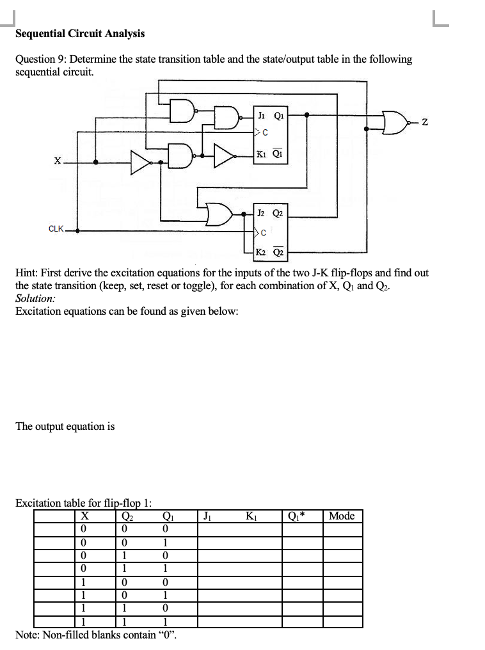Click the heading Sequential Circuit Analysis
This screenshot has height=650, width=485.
80,33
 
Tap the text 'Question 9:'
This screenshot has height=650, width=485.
41,59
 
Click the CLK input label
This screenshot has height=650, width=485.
56,228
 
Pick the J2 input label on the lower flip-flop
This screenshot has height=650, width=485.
262,213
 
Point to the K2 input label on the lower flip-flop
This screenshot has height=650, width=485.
262,251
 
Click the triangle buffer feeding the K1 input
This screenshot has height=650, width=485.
224,155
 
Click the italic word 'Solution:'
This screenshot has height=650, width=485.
35,299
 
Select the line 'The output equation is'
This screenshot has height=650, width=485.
65,426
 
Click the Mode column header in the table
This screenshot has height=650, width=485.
342,516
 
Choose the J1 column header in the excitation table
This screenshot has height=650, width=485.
207,516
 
